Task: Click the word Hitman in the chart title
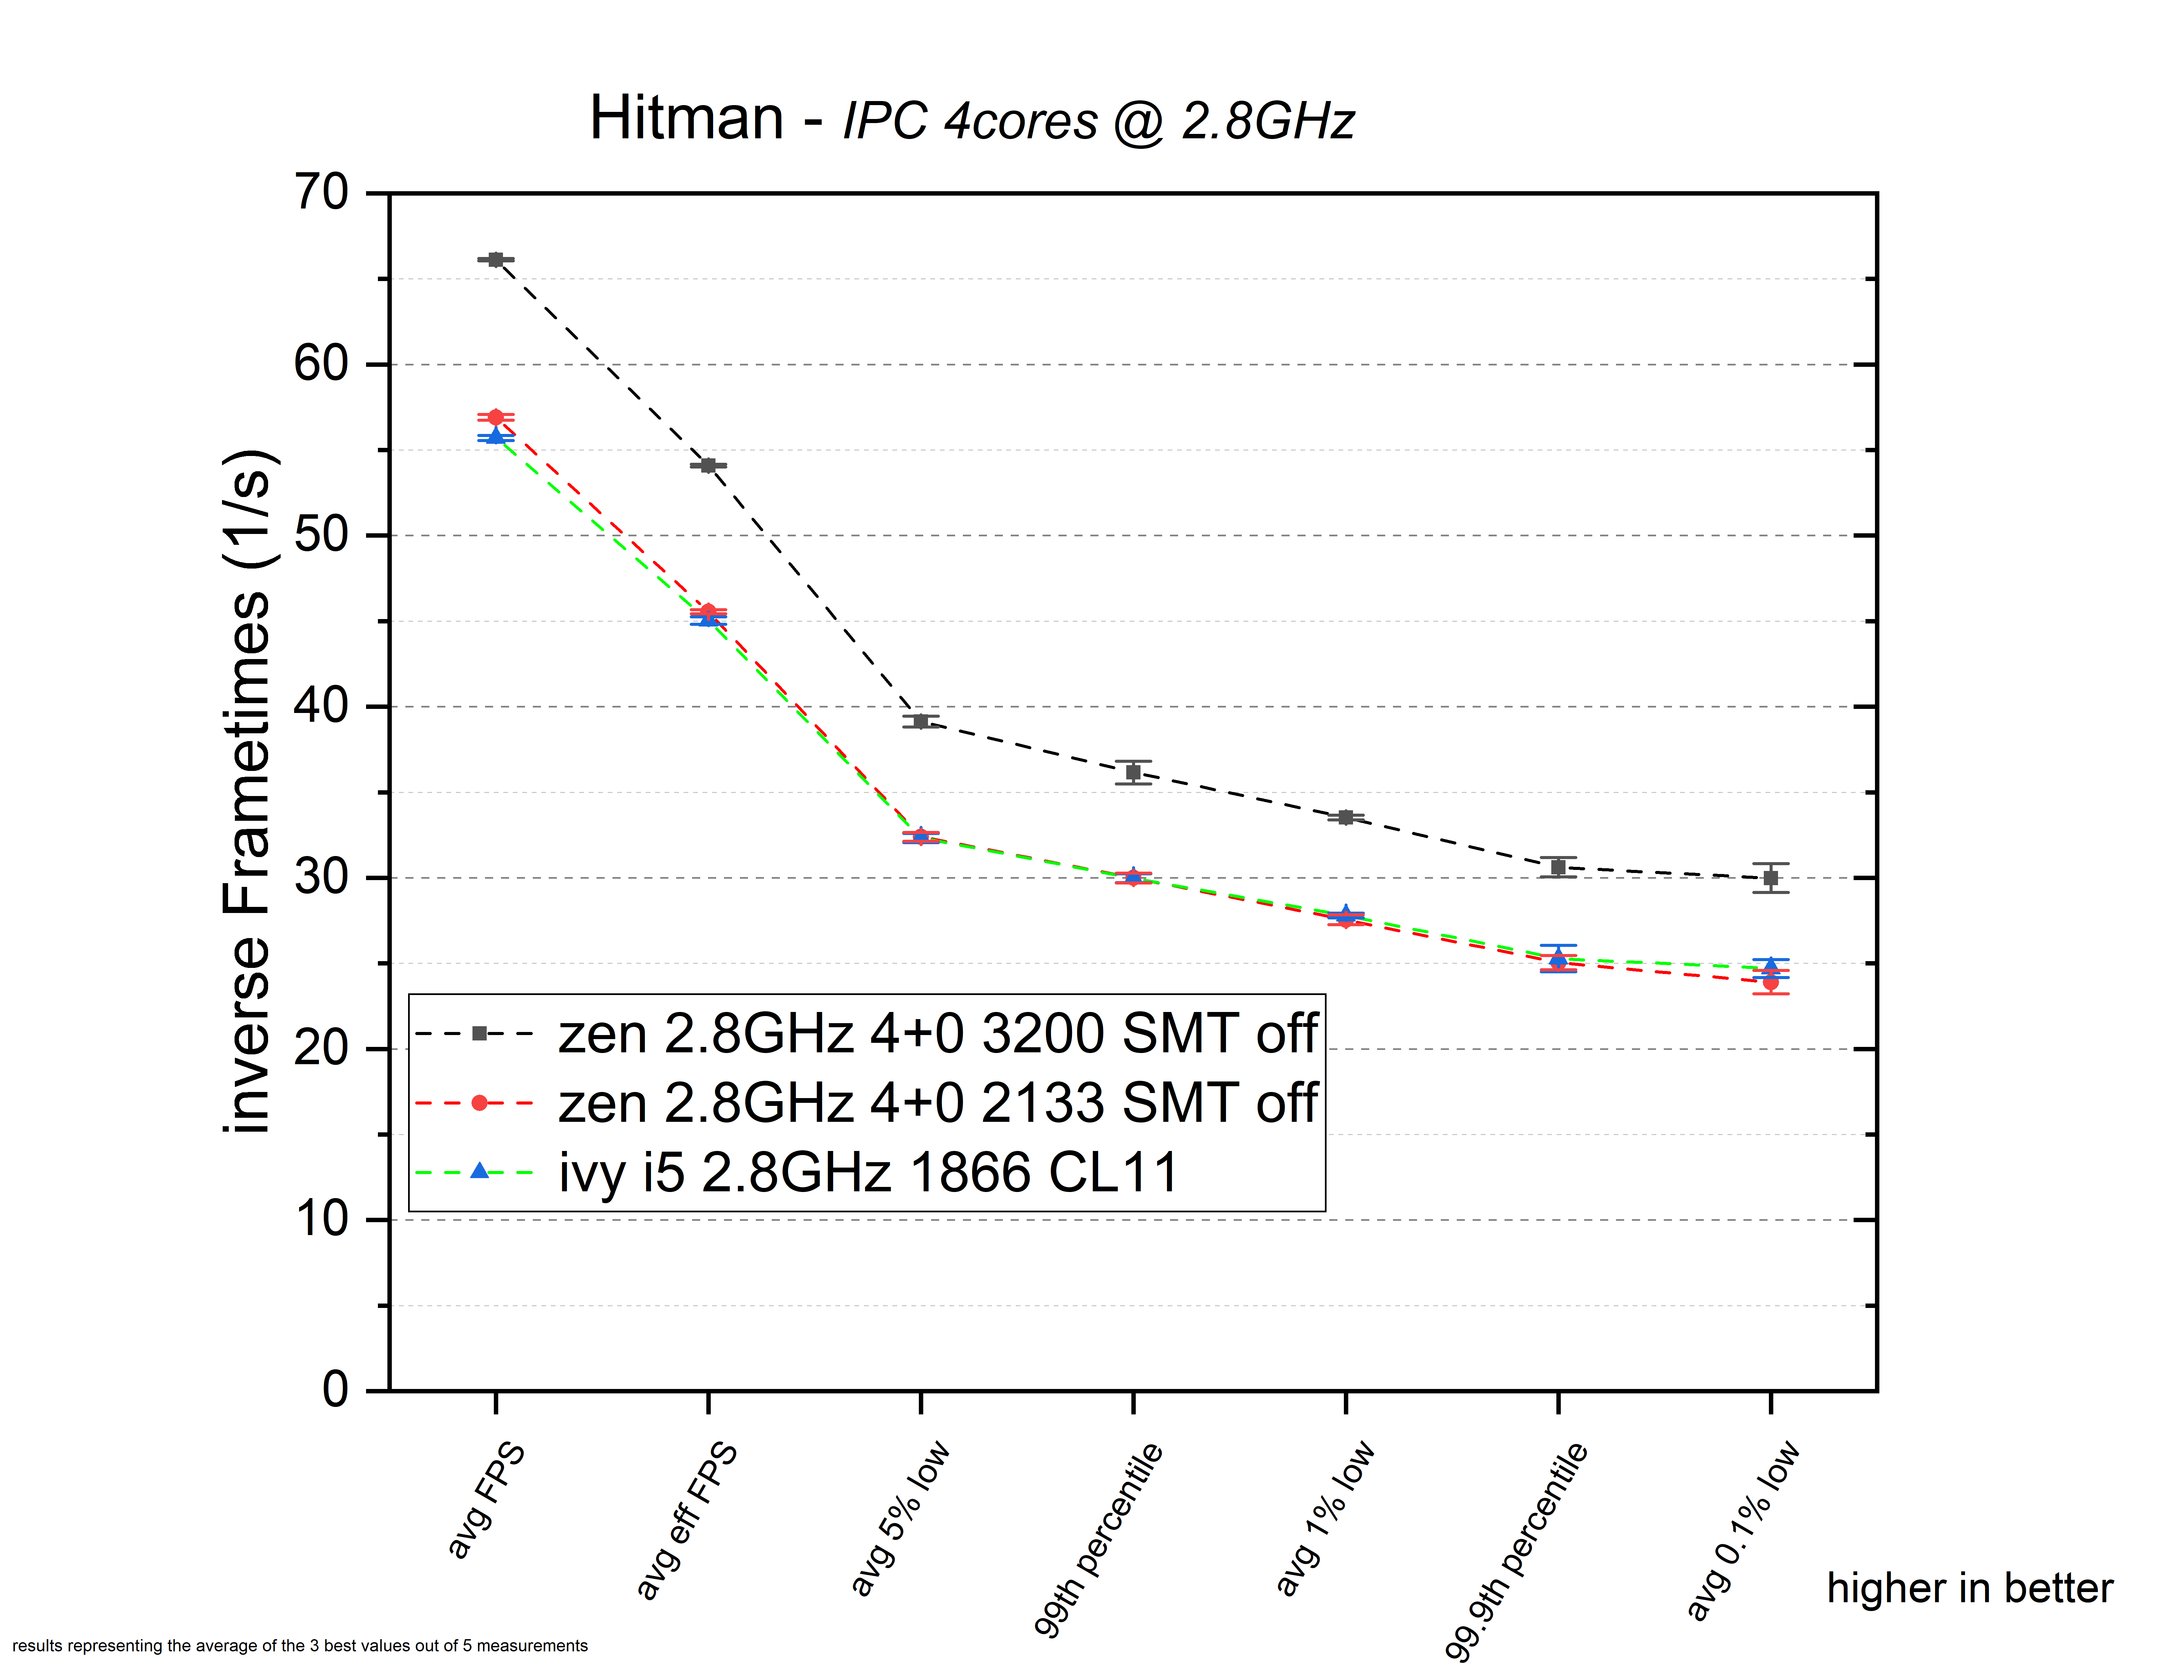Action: coord(686,118)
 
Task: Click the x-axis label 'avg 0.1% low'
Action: coord(1743,1530)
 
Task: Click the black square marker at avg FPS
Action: coord(496,259)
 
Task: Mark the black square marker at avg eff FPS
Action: coord(708,465)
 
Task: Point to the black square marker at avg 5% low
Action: coord(921,721)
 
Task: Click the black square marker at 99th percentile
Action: coord(1133,772)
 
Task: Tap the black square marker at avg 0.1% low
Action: coord(1771,878)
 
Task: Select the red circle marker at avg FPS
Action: coord(496,417)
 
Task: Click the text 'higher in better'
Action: coord(1970,1589)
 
